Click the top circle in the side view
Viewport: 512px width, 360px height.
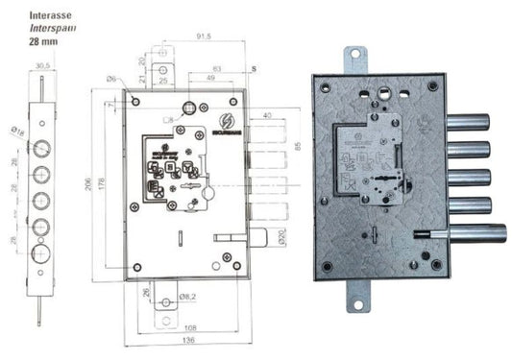click(x=42, y=150)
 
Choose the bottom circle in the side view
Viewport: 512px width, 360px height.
click(x=42, y=252)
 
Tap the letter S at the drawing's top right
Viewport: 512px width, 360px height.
click(x=253, y=70)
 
